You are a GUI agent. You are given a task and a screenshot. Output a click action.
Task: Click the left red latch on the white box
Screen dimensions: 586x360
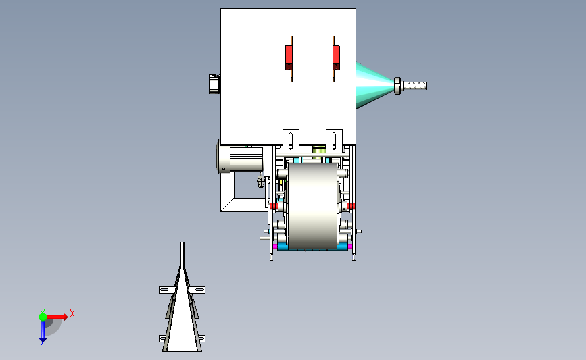pos(289,57)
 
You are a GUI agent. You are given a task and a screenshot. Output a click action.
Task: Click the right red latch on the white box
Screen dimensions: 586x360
pos(336,57)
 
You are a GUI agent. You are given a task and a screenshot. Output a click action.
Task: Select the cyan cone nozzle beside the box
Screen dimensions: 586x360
pos(374,86)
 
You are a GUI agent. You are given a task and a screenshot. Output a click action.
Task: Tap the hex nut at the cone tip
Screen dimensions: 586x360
pos(397,86)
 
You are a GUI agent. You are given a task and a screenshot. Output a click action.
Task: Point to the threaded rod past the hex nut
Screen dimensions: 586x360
pos(414,86)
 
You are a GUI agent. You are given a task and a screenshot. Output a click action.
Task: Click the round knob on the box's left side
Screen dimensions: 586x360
pos(214,84)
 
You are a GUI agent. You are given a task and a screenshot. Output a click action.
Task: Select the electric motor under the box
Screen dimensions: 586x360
pos(241,159)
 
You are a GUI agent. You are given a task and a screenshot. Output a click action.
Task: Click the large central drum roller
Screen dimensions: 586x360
pos(313,206)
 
